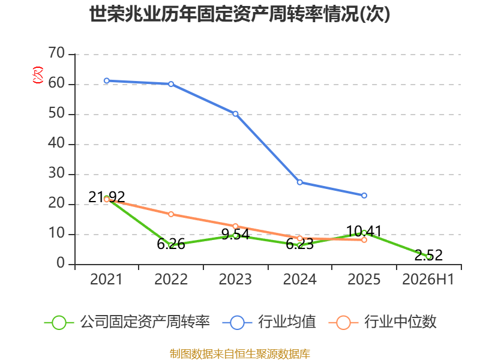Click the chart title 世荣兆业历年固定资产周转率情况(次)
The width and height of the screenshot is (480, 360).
coord(239,14)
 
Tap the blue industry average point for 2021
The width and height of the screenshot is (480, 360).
coord(107,81)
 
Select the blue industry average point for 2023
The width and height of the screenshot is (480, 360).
coord(235,114)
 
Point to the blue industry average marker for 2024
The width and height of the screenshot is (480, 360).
coord(299,182)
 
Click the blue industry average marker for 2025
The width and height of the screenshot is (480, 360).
coord(364,196)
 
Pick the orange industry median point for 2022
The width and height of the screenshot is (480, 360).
coord(171,214)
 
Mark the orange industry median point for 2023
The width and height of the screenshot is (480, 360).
coord(235,226)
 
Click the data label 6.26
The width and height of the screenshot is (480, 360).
coord(171,244)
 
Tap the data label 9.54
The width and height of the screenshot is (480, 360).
coord(235,235)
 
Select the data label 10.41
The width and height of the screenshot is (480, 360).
coord(364,231)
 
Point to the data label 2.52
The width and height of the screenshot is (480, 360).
coord(428,256)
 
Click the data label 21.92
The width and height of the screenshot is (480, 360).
coord(107,197)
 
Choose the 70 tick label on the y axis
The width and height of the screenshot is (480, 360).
coord(56,53)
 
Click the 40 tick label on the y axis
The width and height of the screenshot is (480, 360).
coord(56,143)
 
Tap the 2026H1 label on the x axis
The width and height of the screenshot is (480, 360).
coord(428,280)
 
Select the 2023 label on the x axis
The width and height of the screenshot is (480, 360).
coord(235,280)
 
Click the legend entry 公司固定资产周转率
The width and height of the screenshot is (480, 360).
coord(127,322)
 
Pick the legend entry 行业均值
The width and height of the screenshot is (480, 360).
coord(269,322)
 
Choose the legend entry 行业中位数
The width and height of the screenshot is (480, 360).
coord(382,322)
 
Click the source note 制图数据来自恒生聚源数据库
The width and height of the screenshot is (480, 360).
coord(240,354)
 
